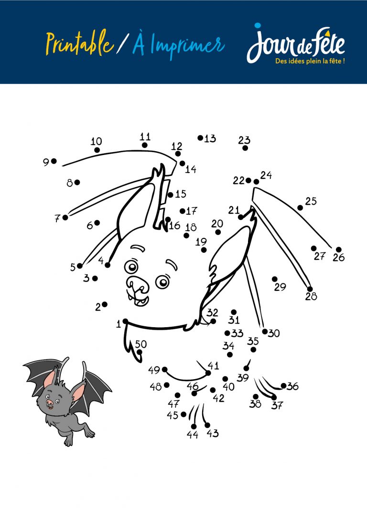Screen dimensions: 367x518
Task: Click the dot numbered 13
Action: tap(200, 138)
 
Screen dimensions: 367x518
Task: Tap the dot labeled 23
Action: tap(245, 148)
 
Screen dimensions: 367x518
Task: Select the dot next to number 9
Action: tap(54, 161)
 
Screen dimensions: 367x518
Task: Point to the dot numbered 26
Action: tap(338, 250)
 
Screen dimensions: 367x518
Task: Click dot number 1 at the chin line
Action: tap(125, 321)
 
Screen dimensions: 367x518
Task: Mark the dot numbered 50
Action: tap(140, 352)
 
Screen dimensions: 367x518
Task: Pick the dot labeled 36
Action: tap(283, 385)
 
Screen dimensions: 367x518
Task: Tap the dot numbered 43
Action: tap(207, 425)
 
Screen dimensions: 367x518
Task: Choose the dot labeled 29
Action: tap(275, 279)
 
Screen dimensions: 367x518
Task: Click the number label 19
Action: tap(201, 242)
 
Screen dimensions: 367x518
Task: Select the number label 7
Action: tap(57, 218)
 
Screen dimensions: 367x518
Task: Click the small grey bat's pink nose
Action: tap(49, 403)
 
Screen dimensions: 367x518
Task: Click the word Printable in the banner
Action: tap(80, 43)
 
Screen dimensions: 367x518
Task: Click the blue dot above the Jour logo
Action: tap(258, 25)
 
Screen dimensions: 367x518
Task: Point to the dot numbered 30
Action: tap(265, 332)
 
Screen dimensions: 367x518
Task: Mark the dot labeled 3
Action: tap(95, 279)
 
